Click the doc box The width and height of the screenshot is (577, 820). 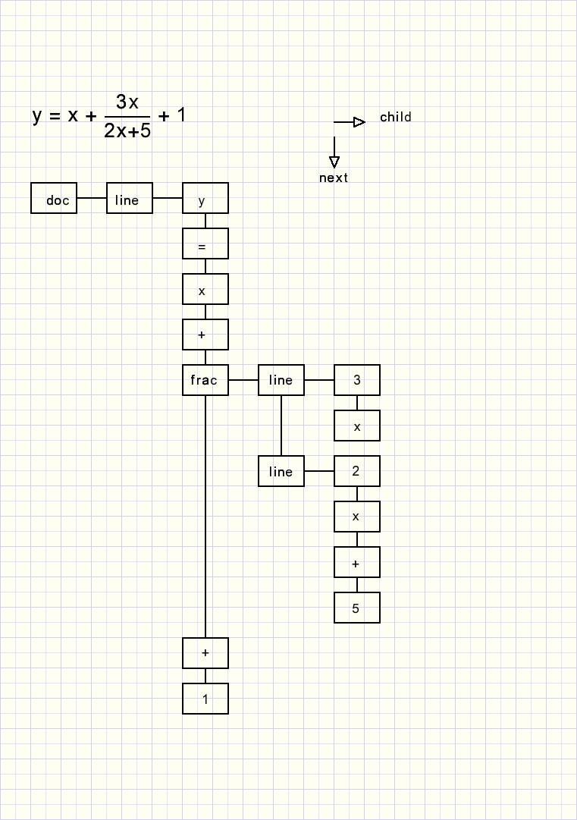pos(54,198)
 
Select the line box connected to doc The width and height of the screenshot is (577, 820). pos(130,198)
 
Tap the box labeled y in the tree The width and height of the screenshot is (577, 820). pos(205,198)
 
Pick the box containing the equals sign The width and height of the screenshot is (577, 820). pos(205,243)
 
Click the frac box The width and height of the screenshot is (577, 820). pos(205,380)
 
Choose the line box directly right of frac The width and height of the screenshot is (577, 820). pos(281,380)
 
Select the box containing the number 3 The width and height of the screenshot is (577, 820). pos(357,380)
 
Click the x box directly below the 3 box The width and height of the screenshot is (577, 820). pos(357,426)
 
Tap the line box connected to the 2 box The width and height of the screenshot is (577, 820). pos(281,471)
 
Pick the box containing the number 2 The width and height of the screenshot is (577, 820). pos(357,471)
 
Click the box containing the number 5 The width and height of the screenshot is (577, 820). pos(357,608)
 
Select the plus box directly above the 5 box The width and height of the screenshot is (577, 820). pos(357,562)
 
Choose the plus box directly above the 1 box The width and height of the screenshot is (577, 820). pos(205,653)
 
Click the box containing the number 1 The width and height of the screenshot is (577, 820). pos(205,699)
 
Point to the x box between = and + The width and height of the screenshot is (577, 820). pos(205,289)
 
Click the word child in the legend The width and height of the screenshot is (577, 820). pos(395,117)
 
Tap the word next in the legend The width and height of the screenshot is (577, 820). pos(334,178)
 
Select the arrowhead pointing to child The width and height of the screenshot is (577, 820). pos(359,122)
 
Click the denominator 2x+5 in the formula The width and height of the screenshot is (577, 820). pos(127,130)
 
